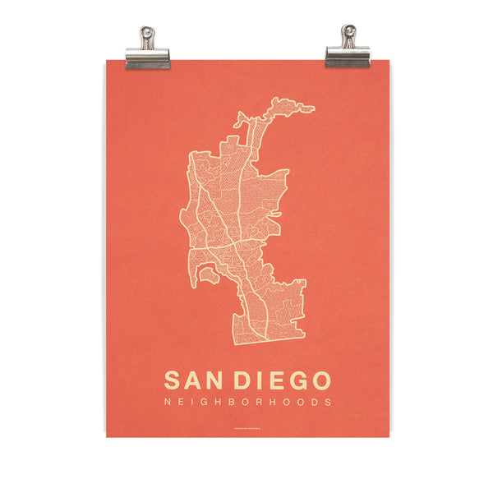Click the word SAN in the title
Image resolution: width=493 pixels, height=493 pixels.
click(x=195, y=381)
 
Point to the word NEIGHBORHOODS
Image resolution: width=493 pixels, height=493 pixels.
click(x=248, y=403)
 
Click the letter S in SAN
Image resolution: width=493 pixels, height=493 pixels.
click(x=173, y=381)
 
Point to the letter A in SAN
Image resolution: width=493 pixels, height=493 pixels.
click(x=195, y=381)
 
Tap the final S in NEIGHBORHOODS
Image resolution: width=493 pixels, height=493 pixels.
click(x=328, y=403)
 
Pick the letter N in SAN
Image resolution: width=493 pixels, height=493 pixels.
click(x=217, y=381)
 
